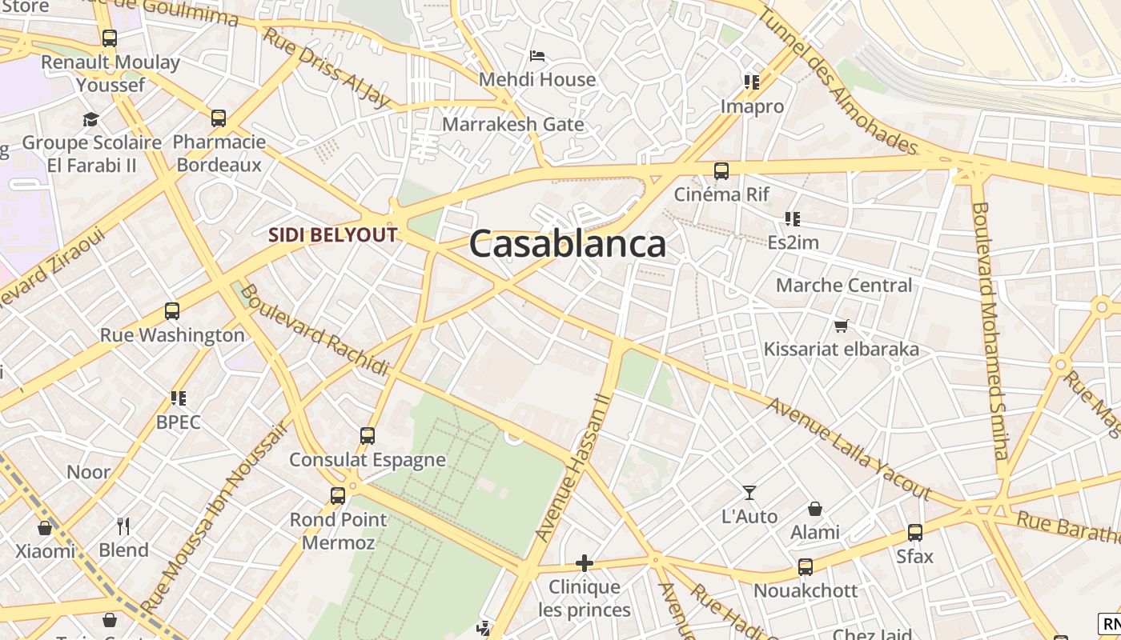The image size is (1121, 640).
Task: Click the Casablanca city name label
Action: [567, 244]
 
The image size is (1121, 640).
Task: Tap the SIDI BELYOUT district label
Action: [332, 235]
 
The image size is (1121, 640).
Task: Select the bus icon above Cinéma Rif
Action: [721, 170]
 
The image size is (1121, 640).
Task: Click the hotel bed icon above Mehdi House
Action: [537, 56]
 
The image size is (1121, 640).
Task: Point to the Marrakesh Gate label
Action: [512, 125]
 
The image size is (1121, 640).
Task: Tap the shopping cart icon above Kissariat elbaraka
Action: [841, 326]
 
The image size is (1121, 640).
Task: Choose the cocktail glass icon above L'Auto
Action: [749, 493]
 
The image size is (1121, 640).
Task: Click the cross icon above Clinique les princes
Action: [585, 563]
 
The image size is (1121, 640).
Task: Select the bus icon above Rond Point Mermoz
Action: [338, 495]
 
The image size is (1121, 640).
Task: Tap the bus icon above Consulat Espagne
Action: [368, 436]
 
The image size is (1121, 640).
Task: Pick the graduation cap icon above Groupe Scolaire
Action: [91, 119]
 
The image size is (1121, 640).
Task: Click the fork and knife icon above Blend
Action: [123, 526]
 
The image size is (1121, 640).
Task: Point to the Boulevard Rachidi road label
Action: [315, 330]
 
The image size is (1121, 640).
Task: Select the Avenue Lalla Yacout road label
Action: [848, 449]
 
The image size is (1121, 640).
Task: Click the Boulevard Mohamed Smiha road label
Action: [990, 330]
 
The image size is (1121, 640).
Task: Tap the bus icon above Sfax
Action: [915, 532]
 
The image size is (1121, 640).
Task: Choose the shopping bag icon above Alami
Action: [815, 509]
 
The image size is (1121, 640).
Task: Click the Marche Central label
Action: [844, 286]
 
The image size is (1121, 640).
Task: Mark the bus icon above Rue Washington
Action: [172, 311]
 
